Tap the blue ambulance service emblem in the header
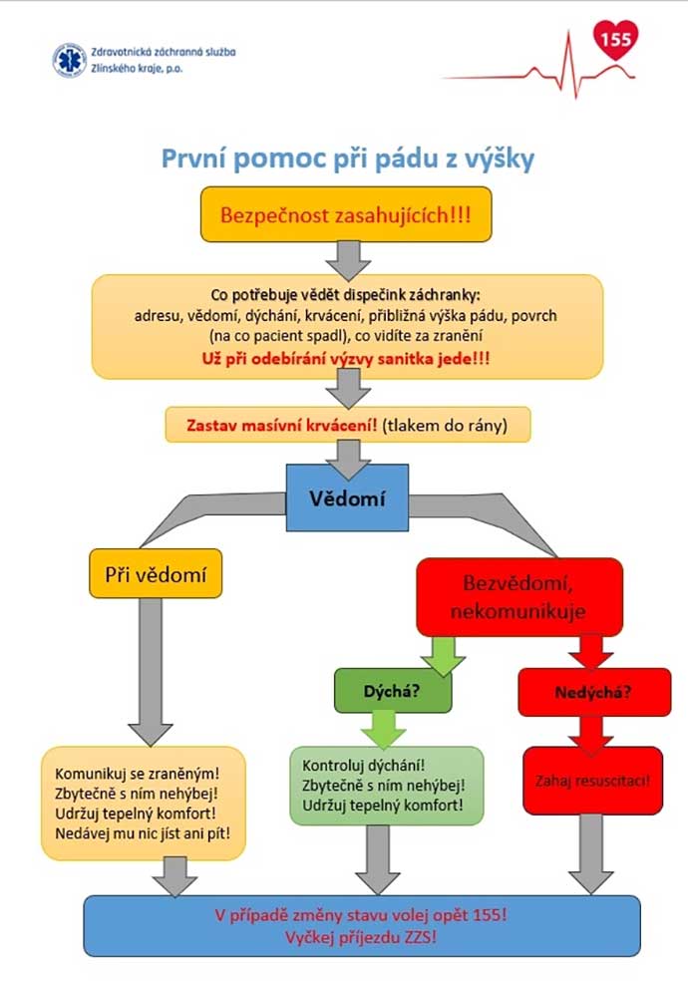[69, 60]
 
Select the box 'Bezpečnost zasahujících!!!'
[346, 213]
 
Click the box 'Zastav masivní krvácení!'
[347, 425]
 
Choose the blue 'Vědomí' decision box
[347, 497]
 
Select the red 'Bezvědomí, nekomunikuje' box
[518, 596]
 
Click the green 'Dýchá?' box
[391, 690]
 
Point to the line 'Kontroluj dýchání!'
[356, 765]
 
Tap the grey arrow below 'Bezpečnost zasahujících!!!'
[347, 258]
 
